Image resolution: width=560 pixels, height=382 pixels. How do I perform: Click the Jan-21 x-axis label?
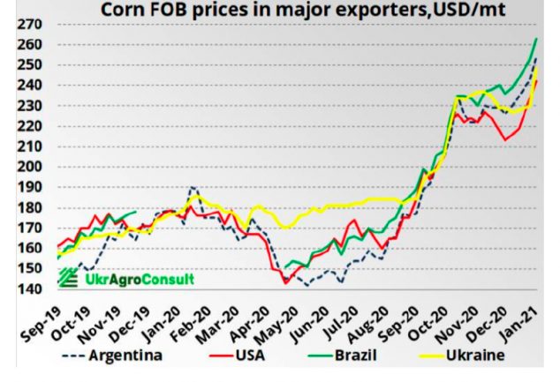point(521,319)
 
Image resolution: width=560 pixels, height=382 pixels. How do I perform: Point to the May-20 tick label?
point(282,319)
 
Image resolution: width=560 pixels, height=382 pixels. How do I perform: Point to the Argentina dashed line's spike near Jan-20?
point(193,187)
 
